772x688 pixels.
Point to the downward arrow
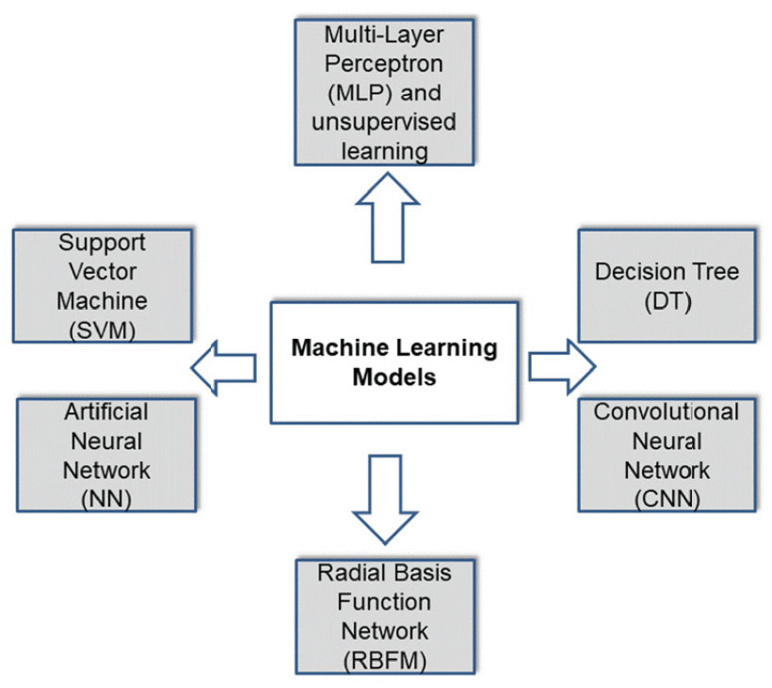(x=387, y=500)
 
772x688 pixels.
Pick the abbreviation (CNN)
(x=667, y=499)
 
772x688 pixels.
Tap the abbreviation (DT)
(x=667, y=301)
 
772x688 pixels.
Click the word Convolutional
(x=667, y=412)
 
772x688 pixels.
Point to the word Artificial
(x=106, y=412)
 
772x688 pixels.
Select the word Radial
(x=350, y=571)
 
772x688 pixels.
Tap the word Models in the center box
(x=394, y=377)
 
